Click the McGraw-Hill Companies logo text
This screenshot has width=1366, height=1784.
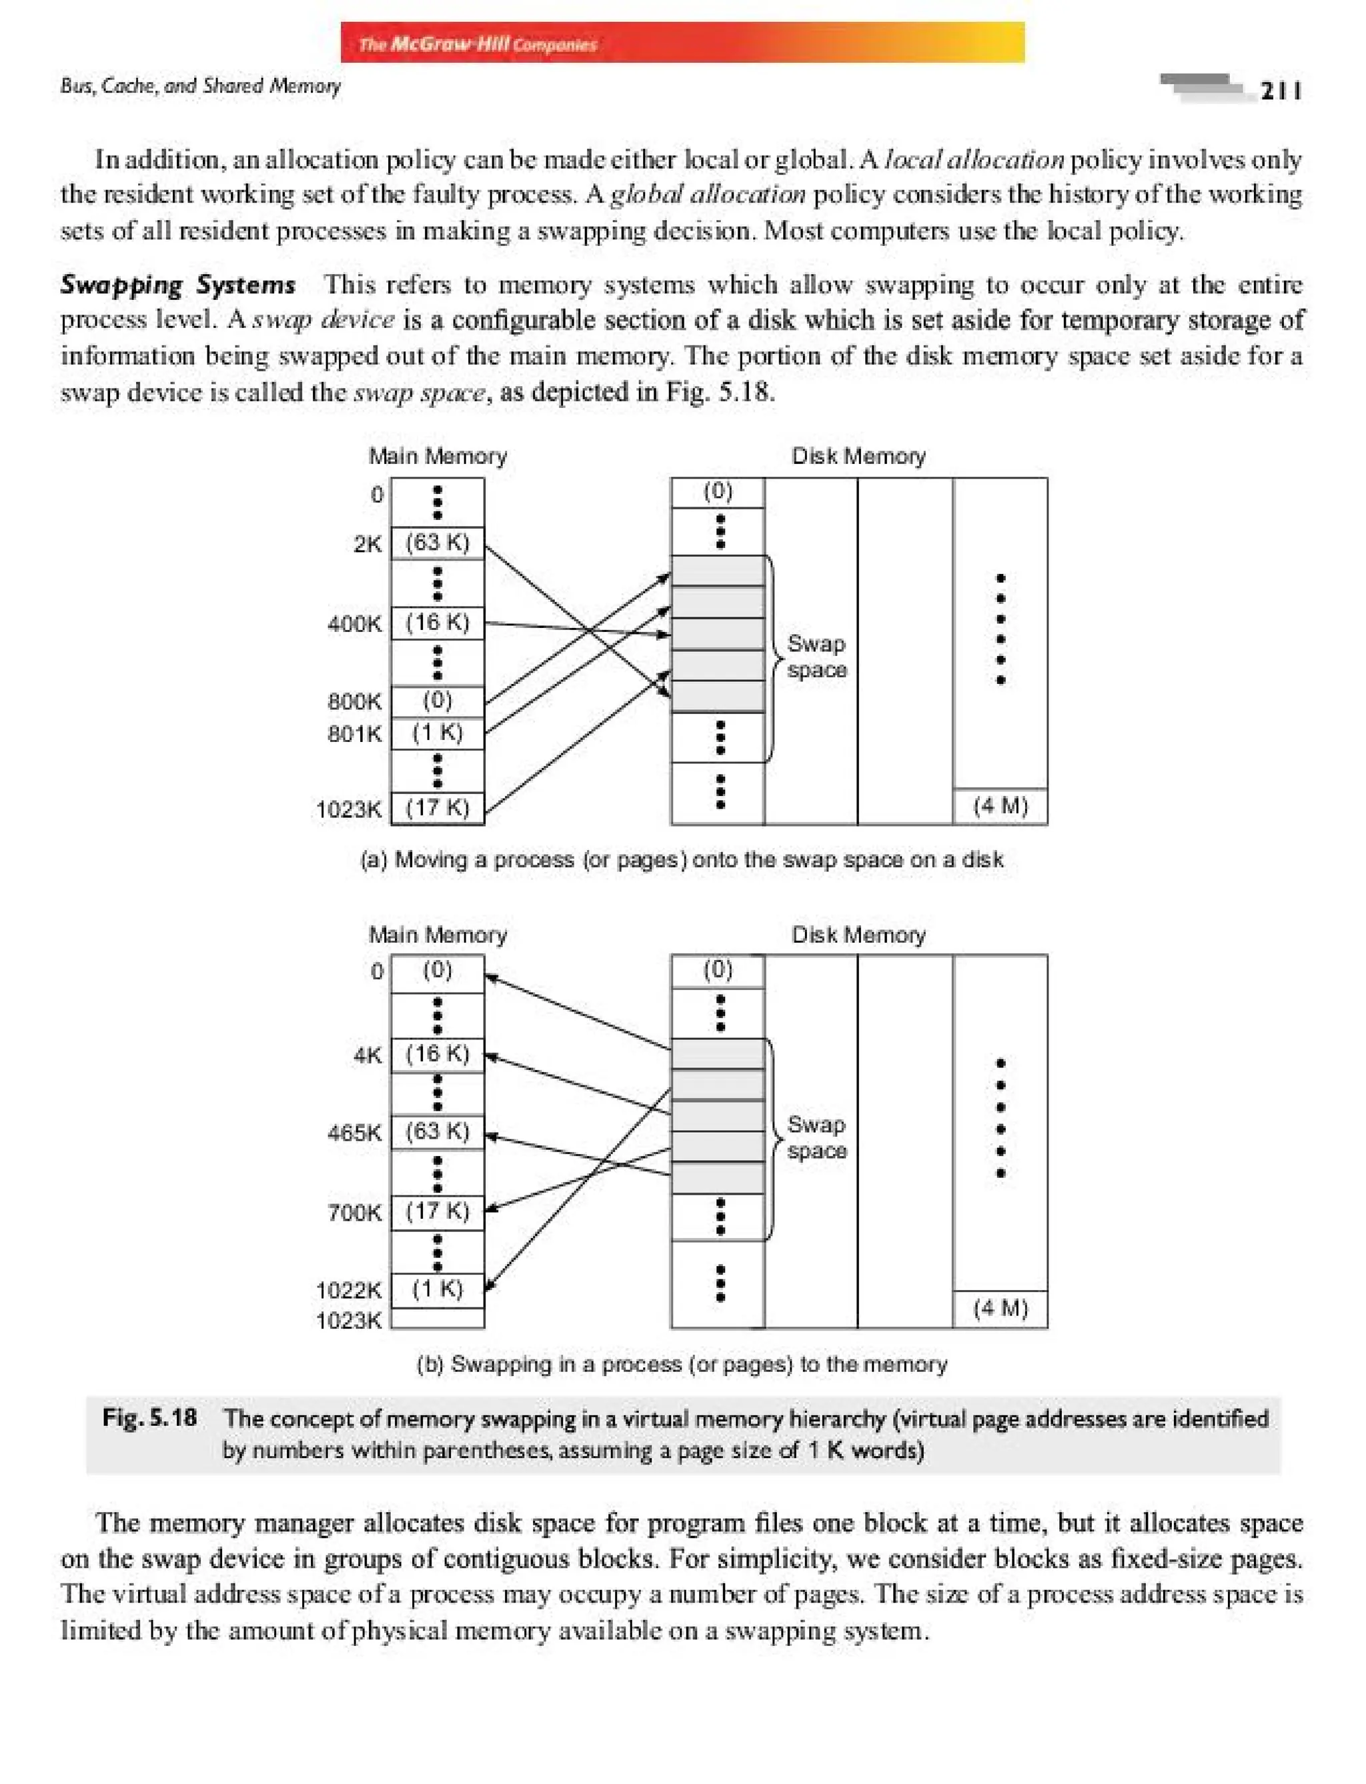478,44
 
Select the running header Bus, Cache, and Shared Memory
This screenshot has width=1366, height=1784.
200,85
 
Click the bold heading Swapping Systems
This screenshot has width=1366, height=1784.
178,285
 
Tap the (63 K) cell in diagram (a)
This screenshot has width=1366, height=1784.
438,542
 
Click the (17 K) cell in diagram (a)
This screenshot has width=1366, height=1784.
438,807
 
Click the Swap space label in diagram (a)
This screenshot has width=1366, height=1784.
816,657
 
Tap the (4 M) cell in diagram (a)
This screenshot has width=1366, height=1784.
1000,805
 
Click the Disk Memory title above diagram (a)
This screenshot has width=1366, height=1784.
858,456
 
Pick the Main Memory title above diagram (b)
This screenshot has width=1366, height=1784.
438,935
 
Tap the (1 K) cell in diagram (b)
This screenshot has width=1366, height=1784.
438,1288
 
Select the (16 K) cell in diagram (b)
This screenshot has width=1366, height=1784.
438,1053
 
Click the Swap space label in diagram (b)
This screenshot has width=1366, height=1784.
816,1138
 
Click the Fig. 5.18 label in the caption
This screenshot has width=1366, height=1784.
149,1417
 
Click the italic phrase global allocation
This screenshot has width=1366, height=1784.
708,194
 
